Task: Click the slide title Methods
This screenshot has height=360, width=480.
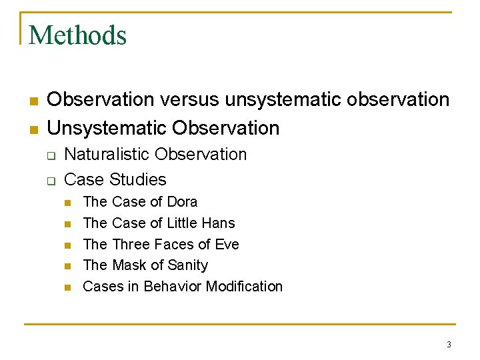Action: [77, 35]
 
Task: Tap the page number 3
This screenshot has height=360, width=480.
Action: [449, 344]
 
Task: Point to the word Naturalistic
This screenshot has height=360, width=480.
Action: [108, 155]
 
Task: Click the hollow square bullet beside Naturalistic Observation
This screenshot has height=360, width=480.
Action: [50, 155]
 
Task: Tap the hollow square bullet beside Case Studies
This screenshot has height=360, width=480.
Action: [50, 180]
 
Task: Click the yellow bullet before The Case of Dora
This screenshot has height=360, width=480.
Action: [67, 202]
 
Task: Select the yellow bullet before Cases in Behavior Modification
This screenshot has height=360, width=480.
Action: [67, 287]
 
